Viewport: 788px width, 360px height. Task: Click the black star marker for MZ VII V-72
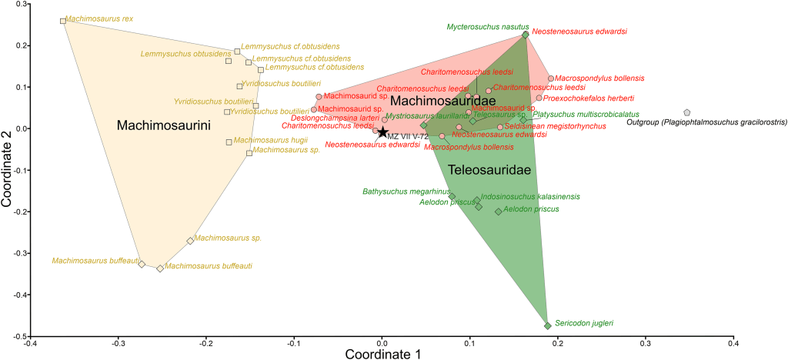382,132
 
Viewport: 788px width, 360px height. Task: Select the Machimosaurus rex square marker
63,21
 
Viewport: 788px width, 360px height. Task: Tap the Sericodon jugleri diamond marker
547,325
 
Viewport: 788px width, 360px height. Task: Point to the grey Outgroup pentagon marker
686,112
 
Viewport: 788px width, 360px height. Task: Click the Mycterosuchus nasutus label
482,26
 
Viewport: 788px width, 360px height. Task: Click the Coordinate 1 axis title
382,354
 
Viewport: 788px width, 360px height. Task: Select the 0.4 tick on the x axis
733,343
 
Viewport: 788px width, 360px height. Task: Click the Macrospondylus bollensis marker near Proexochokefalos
551,78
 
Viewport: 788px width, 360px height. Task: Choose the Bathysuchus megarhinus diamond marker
452,196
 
